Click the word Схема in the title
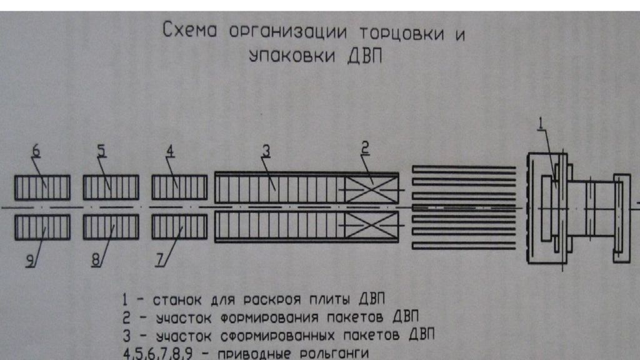pyautogui.click(x=190, y=30)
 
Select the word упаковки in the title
pyautogui.click(x=292, y=56)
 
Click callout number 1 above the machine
pyautogui.click(x=541, y=123)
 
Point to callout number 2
pyautogui.click(x=365, y=147)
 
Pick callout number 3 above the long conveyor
pyautogui.click(x=266, y=151)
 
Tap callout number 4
pyautogui.click(x=170, y=151)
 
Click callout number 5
pyautogui.click(x=101, y=151)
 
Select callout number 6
pyautogui.click(x=36, y=151)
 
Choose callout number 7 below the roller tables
pyautogui.click(x=159, y=260)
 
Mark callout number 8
pyautogui.click(x=96, y=260)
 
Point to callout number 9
pyautogui.click(x=31, y=260)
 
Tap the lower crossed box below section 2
pyautogui.click(x=371, y=225)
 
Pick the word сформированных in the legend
pyautogui.click(x=277, y=336)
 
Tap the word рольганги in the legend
pyautogui.click(x=334, y=353)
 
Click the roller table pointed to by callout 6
pyautogui.click(x=42, y=187)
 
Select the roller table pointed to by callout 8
pyautogui.click(x=111, y=227)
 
